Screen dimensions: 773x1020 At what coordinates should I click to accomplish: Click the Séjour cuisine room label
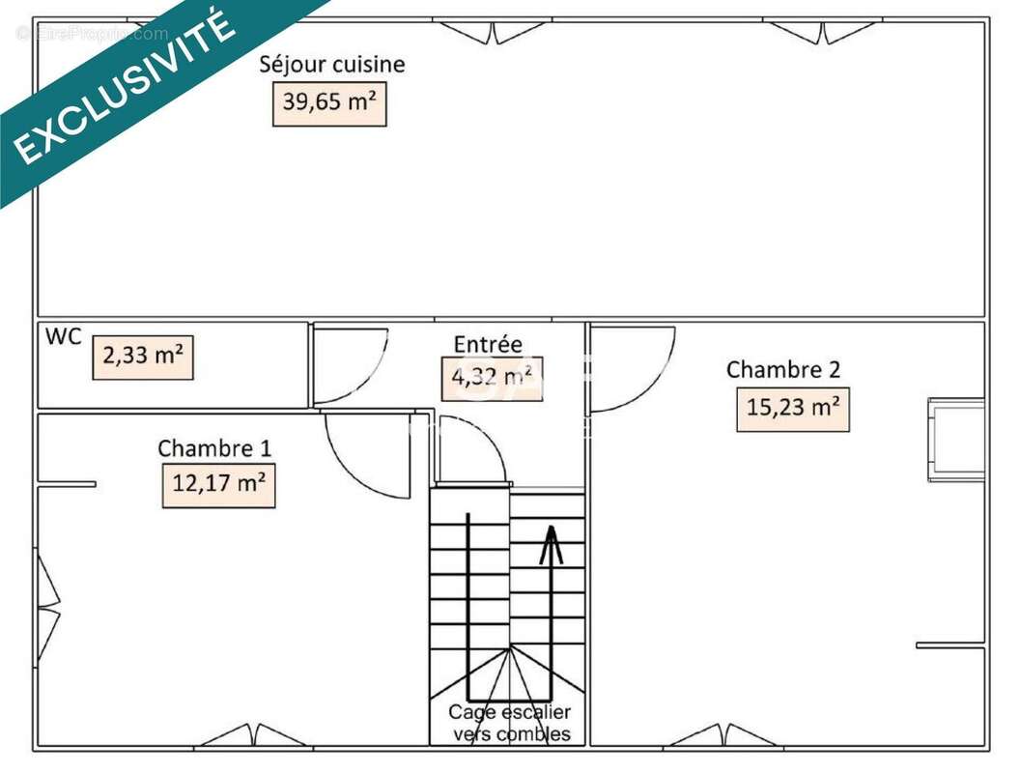pyautogui.click(x=331, y=65)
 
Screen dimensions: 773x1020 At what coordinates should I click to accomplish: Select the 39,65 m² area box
pyautogui.click(x=328, y=100)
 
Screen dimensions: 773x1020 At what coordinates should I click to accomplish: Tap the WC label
pyautogui.click(x=64, y=337)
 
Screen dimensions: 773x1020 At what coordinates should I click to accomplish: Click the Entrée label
pyautogui.click(x=488, y=344)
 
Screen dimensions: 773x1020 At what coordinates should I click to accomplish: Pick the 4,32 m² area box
pyautogui.click(x=492, y=378)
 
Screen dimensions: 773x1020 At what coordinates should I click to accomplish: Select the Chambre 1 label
pyautogui.click(x=214, y=448)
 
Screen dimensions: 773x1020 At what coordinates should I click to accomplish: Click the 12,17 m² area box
pyautogui.click(x=218, y=483)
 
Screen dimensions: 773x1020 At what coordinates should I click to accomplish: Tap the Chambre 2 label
pyautogui.click(x=783, y=369)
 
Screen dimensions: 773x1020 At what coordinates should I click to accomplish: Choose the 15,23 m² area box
pyautogui.click(x=793, y=408)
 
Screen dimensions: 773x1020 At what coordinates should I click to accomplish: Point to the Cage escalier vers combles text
pyautogui.click(x=510, y=723)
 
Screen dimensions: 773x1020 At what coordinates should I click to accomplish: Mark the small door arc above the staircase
pyautogui.click(x=470, y=454)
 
